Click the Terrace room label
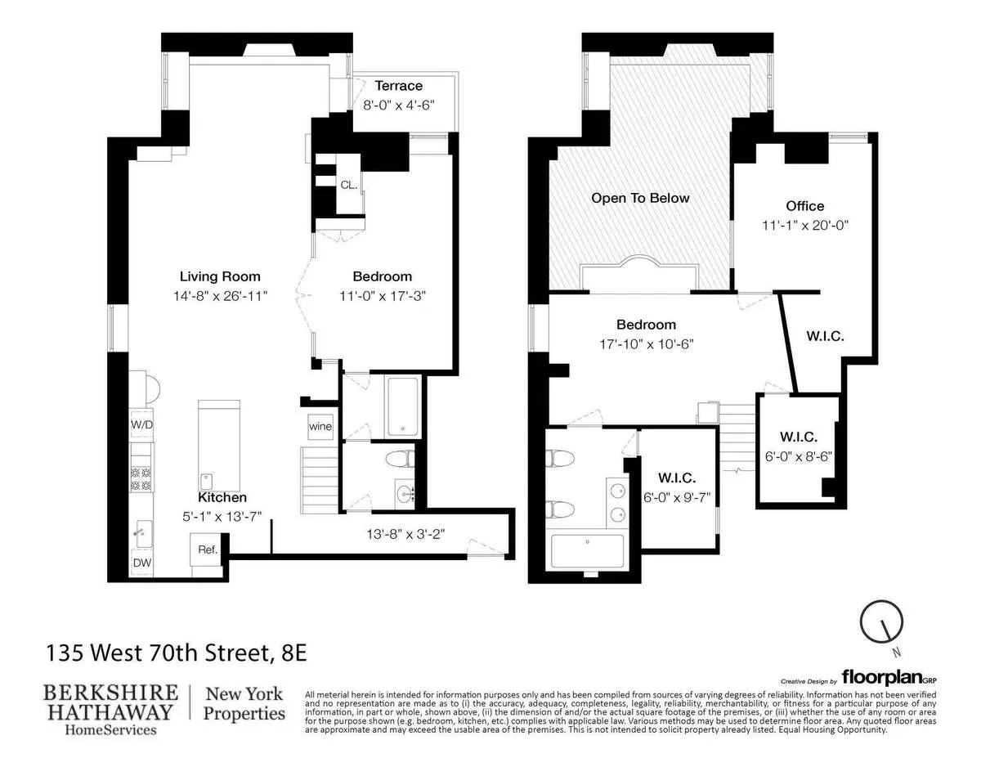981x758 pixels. (398, 86)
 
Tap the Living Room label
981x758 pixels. (220, 276)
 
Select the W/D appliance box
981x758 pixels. (141, 425)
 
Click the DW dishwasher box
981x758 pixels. (141, 563)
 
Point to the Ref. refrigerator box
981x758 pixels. (207, 549)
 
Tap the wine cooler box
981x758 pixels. (320, 426)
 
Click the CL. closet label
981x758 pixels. (349, 186)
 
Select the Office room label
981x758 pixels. (804, 206)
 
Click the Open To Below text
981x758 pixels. (640, 198)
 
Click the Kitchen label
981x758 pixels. (222, 497)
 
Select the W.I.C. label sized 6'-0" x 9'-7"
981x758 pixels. (676, 478)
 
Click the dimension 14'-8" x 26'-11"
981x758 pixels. (220, 294)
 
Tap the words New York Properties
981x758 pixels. (244, 703)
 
